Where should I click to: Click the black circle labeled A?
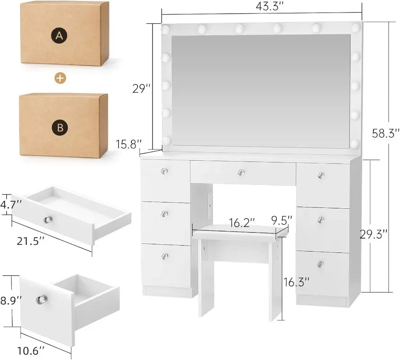point(58,36)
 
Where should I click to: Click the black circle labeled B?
point(59,128)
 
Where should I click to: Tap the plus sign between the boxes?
point(60,78)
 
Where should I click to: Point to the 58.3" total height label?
point(384,133)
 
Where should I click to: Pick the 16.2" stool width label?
point(242,222)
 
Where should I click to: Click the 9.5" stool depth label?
point(282,220)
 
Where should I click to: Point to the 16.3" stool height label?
point(296,283)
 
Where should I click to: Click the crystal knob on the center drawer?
point(241,172)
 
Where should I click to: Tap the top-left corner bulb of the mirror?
point(166,30)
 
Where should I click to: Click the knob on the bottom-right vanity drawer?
point(320,264)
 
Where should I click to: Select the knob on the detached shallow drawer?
point(48,220)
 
